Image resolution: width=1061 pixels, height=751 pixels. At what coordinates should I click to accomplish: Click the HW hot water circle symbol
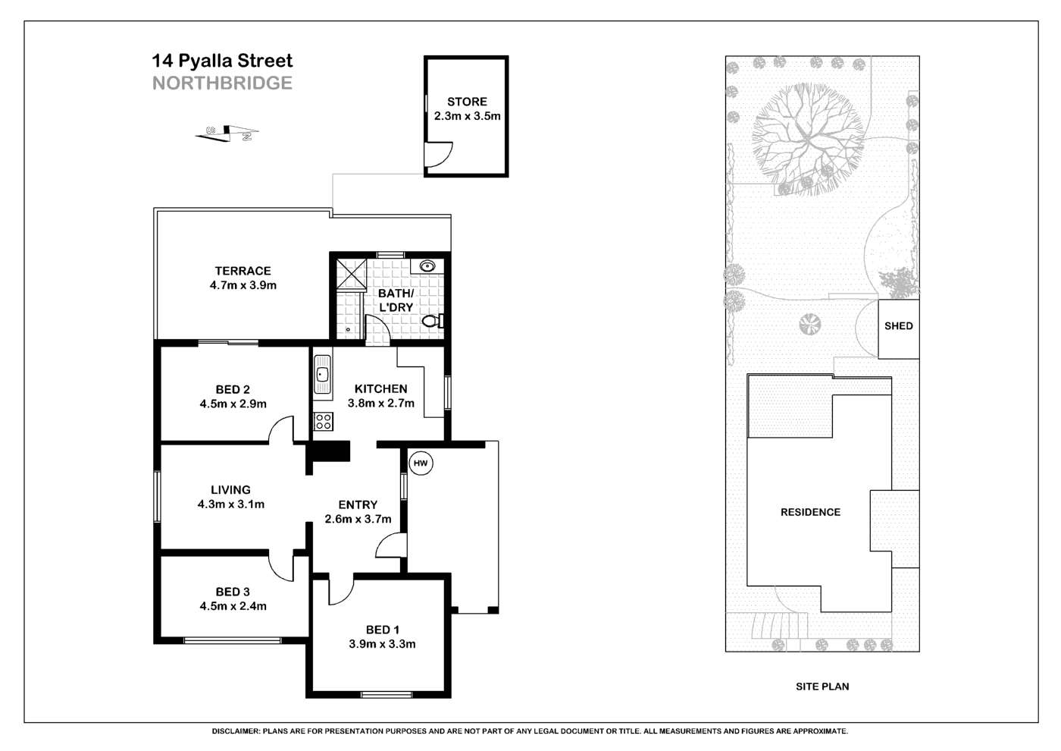tap(421, 463)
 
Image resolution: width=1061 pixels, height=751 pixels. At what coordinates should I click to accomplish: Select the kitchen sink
tap(323, 374)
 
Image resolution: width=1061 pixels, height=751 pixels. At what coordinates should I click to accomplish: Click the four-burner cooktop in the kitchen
tap(324, 420)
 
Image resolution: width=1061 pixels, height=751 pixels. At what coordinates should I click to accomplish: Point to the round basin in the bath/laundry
tap(427, 266)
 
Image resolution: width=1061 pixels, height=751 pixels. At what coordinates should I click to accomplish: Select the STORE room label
tap(467, 102)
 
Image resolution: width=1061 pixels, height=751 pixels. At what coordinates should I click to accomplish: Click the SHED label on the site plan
tap(898, 326)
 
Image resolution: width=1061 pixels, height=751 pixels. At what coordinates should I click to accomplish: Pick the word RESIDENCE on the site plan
tap(810, 512)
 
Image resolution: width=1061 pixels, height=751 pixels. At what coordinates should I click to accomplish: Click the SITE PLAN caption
tap(822, 687)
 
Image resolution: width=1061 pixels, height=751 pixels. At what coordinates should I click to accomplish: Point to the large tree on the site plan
tap(808, 140)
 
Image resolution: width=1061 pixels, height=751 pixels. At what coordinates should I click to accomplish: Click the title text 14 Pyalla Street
tap(222, 61)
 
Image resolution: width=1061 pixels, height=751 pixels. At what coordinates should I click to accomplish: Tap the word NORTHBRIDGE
tap(222, 83)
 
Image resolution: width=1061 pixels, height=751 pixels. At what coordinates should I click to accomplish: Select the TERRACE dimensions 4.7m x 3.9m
tap(243, 286)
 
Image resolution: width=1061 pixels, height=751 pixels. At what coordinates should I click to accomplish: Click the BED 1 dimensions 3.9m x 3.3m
tap(382, 644)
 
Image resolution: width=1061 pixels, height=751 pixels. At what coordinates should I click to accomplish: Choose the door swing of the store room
tap(438, 156)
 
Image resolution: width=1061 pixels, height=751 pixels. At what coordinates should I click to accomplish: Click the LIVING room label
tap(230, 490)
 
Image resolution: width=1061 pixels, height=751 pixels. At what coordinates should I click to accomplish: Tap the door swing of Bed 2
tap(281, 429)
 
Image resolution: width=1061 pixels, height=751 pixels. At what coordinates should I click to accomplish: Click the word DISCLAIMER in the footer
tap(235, 731)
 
